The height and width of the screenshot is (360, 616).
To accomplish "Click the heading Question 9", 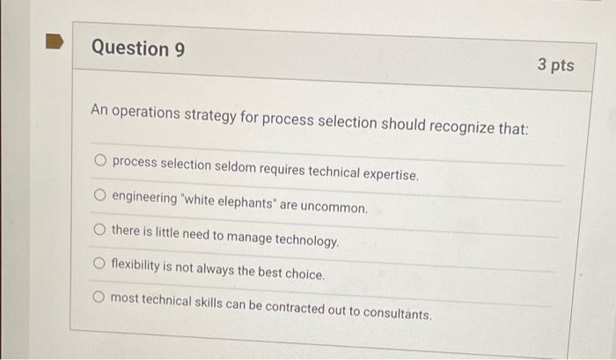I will point(138,48).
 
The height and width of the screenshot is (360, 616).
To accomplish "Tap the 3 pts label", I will point(554,65).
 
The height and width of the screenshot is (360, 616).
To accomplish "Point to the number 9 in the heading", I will point(180,50).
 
